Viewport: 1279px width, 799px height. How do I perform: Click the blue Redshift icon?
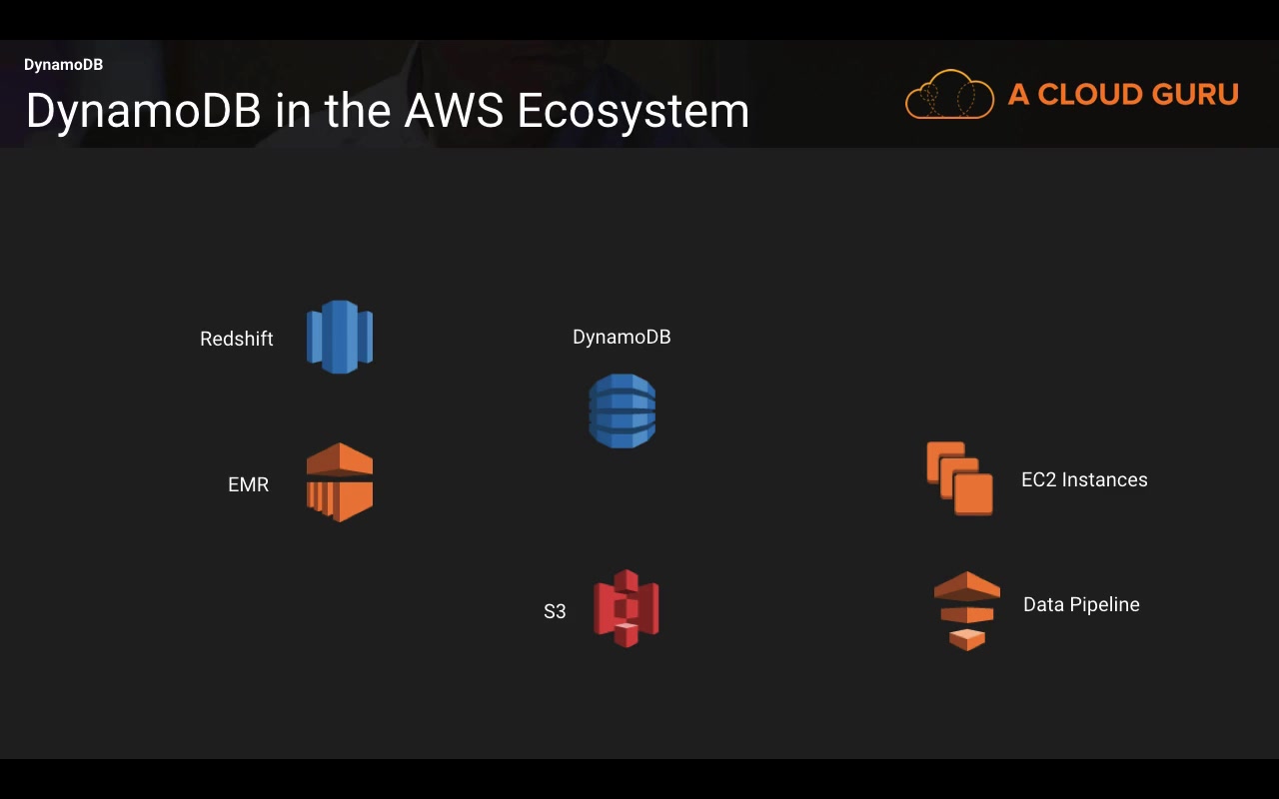(340, 337)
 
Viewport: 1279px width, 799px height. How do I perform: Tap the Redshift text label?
(237, 339)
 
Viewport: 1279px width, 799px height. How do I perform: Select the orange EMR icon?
(340, 482)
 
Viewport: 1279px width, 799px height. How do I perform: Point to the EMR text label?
(248, 484)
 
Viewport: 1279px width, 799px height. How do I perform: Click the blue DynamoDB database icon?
(622, 410)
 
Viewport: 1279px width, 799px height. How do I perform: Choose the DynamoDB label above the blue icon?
(622, 337)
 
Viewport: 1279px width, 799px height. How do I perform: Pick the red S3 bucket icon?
(627, 608)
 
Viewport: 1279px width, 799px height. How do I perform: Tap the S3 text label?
(555, 611)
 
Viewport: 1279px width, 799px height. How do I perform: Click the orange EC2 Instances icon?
(959, 478)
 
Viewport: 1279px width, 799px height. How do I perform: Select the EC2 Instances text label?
(1084, 479)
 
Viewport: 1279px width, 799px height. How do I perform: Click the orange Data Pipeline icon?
(966, 610)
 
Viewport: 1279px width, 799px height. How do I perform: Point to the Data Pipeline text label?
(1081, 604)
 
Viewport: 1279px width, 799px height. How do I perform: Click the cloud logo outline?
(949, 95)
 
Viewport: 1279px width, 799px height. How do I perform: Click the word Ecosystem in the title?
(634, 110)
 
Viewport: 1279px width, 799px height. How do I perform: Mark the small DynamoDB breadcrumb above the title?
(63, 65)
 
